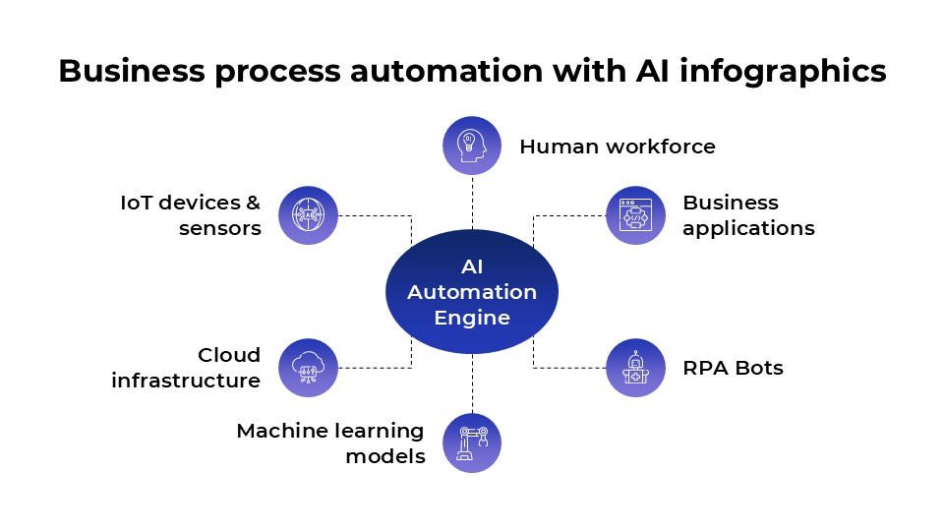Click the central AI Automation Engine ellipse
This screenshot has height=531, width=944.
[472, 291]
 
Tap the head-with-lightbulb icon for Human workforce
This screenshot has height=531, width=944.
[472, 147]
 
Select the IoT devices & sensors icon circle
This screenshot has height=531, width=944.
[308, 214]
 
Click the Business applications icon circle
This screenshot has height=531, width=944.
[635, 214]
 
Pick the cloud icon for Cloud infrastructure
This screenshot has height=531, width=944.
[308, 368]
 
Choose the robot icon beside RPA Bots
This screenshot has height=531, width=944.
[635, 368]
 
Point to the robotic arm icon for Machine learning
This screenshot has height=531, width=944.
[472, 442]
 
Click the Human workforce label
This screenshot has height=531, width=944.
[617, 147]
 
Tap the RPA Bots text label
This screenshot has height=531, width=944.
[733, 368]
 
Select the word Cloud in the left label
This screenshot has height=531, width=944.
[229, 355]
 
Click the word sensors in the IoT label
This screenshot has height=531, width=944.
[219, 228]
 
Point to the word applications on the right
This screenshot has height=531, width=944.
[748, 228]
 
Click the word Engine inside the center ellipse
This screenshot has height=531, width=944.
[472, 318]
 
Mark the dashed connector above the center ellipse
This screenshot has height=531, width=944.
[472, 203]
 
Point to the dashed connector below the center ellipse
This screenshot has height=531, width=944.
[472, 383]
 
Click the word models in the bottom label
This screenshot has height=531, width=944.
[385, 456]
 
